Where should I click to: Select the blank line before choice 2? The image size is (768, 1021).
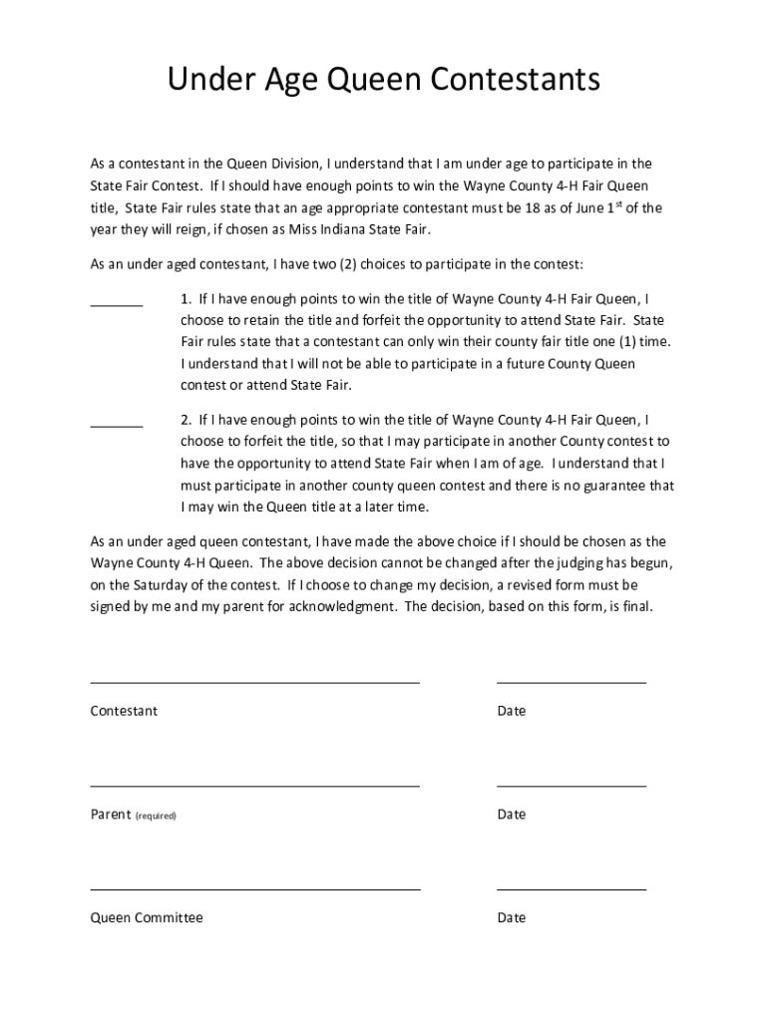pyautogui.click(x=117, y=427)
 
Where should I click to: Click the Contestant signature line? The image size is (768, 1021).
pyautogui.click(x=254, y=683)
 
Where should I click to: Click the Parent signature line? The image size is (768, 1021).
pyautogui.click(x=254, y=786)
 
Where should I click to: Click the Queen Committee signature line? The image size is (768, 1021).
pyautogui.click(x=254, y=888)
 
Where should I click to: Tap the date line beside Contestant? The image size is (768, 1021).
pyautogui.click(x=571, y=683)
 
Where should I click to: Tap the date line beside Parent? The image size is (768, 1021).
pyautogui.click(x=571, y=786)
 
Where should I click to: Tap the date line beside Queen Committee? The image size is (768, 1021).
pyautogui.click(x=571, y=888)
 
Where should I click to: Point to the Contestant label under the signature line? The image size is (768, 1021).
pyautogui.click(x=124, y=711)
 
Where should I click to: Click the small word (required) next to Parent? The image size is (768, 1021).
pyautogui.click(x=156, y=816)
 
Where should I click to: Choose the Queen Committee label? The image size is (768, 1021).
pyautogui.click(x=147, y=917)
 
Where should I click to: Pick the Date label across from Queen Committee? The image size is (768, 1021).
pyautogui.click(x=512, y=917)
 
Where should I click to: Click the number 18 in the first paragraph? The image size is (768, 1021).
pyautogui.click(x=535, y=208)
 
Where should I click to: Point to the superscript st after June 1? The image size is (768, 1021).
pyautogui.click(x=612, y=204)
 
